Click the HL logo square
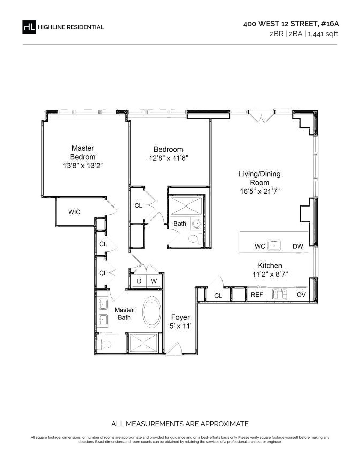29,27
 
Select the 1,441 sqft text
323,34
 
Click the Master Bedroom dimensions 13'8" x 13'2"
83,165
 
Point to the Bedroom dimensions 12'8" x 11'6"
168,158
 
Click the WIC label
74,212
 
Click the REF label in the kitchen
257,295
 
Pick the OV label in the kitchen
301,295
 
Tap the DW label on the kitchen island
298,246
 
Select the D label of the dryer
139,281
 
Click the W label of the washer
154,281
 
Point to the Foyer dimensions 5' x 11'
180,326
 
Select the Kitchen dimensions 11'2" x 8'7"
270,274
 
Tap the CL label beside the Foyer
218,296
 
